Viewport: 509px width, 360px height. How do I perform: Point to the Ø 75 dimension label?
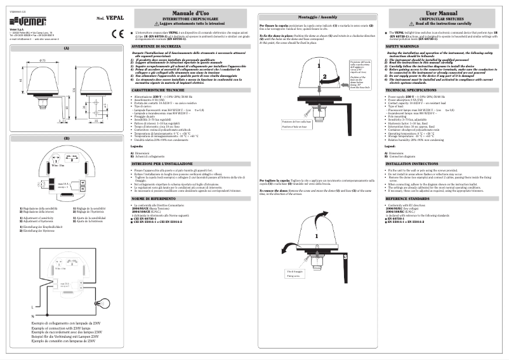tap(43, 60)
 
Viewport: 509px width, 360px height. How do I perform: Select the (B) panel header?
tap(65, 138)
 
